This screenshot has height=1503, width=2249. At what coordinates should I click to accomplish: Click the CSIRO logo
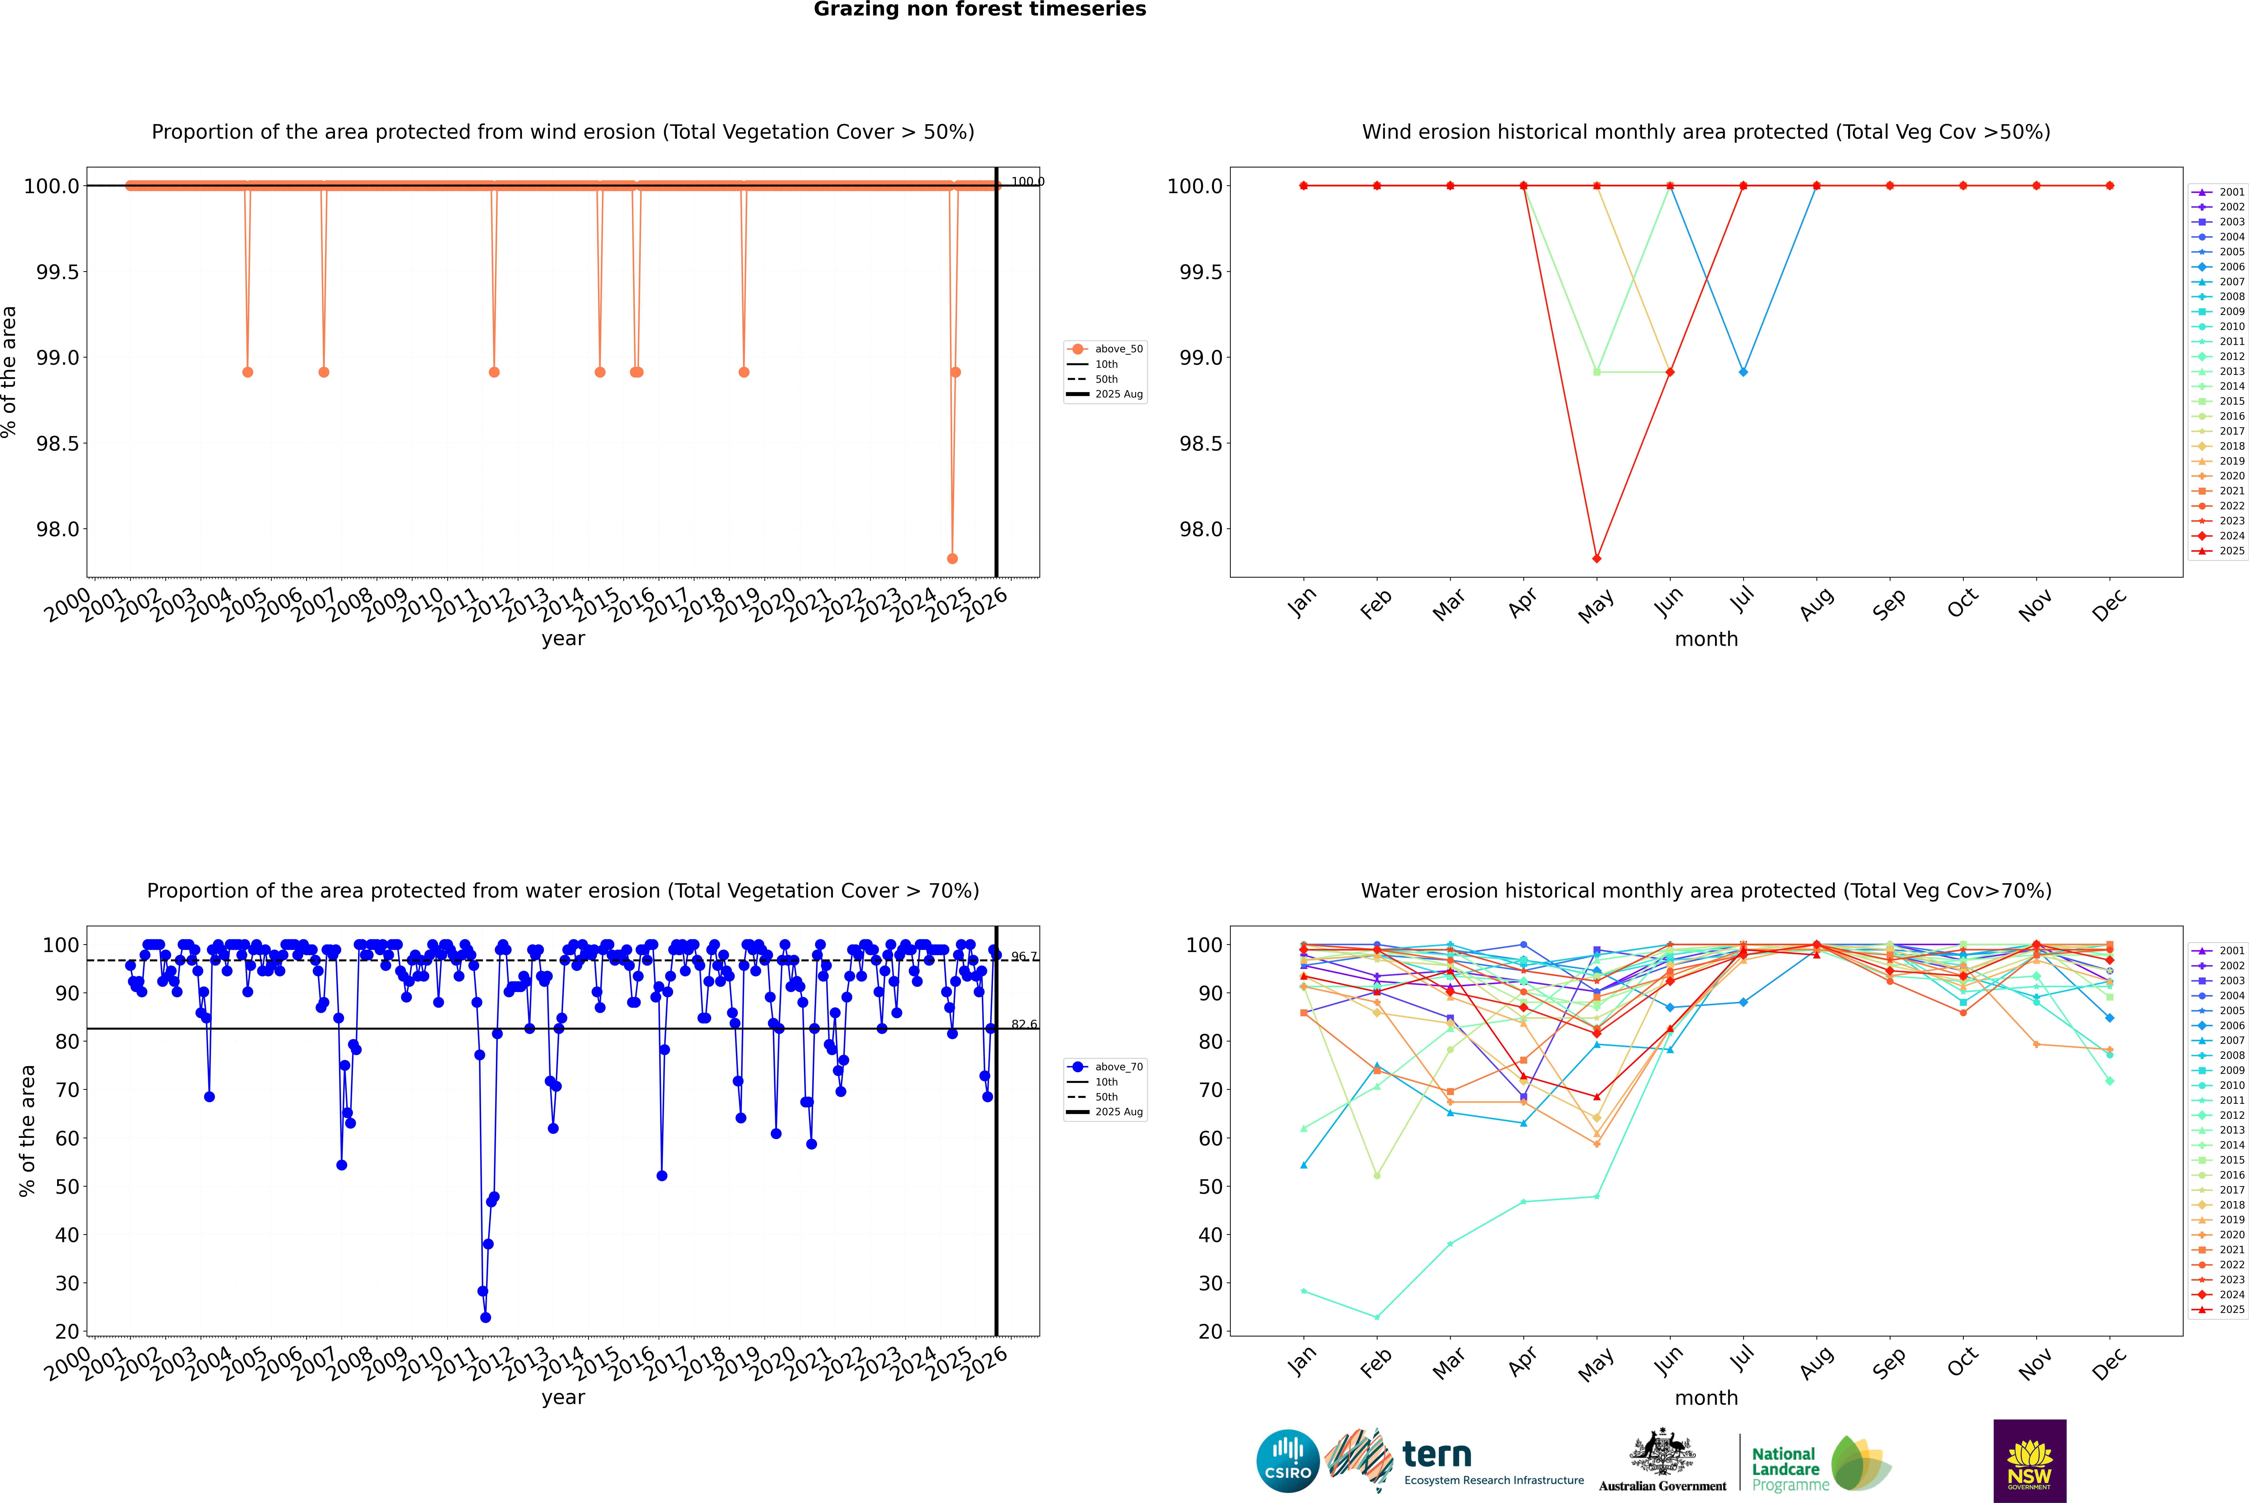point(1288,1461)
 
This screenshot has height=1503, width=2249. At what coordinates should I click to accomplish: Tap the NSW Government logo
point(2029,1461)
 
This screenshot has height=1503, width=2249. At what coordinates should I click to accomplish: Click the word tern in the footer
point(1436,1454)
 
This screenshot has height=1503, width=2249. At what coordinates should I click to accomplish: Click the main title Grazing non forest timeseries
point(980,10)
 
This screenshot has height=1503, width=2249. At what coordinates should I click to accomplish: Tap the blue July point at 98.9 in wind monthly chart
point(1743,372)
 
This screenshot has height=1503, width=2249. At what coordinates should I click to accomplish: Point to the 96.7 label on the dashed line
point(1024,957)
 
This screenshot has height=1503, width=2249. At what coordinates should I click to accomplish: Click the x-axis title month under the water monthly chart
point(1705,1398)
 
